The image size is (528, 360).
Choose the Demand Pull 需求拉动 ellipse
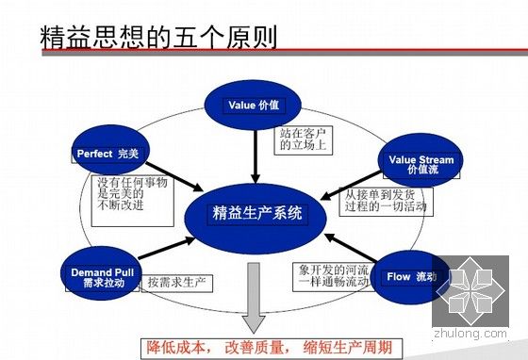[x=106, y=275]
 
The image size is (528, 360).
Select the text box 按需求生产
[x=176, y=282]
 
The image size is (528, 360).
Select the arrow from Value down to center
[x=256, y=151]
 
